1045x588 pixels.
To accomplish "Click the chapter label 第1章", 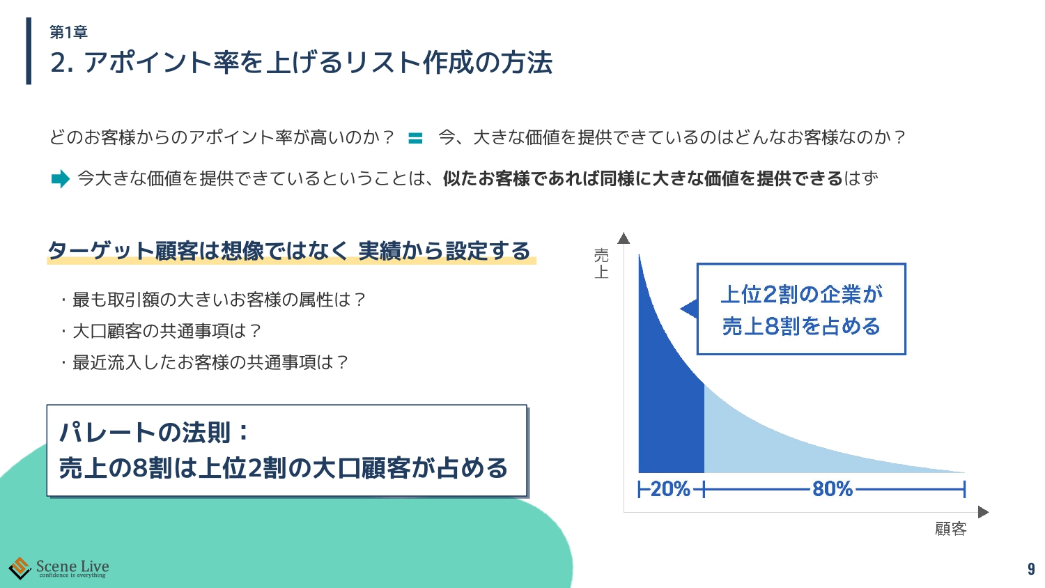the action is (68, 32).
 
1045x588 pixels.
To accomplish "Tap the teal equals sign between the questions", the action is (415, 138).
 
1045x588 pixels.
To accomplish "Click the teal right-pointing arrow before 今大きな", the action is (60, 179).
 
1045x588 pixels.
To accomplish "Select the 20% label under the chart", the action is (670, 489).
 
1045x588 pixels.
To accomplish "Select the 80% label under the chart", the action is (833, 489).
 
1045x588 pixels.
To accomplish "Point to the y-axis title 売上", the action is (601, 263).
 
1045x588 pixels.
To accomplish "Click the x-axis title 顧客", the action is (951, 529).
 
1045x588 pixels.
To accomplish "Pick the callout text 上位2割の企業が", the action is (801, 295).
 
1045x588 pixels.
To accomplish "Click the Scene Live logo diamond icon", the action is (20, 568).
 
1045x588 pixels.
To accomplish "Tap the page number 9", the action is (1031, 569).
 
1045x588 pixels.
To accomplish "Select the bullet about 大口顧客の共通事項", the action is (160, 331).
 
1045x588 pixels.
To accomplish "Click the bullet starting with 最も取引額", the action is (212, 300).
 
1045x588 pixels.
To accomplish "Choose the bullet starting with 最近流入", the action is (204, 362).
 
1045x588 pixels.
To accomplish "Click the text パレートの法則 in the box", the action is (145, 432).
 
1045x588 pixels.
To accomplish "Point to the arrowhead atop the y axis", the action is (624, 238).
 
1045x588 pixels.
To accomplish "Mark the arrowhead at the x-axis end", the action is (984, 512).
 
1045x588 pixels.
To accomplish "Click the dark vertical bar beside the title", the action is (29, 51).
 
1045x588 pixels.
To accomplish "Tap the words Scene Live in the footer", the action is (72, 566).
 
